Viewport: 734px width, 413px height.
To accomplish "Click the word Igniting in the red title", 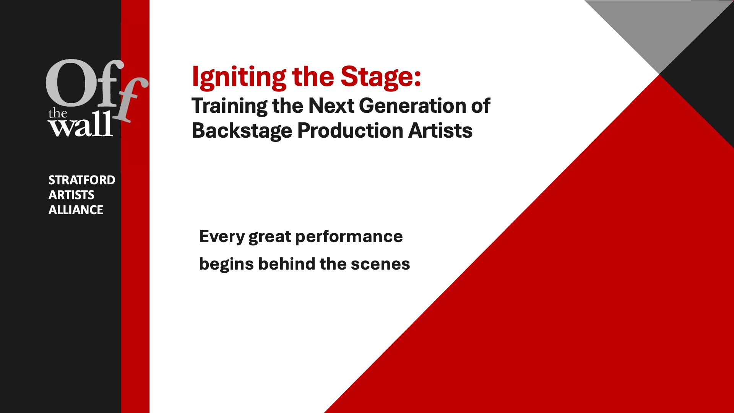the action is [239, 78].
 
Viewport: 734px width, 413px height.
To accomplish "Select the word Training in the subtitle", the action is [229, 106].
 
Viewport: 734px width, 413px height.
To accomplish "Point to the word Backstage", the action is [242, 131].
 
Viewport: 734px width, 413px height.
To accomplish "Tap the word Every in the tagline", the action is [222, 237].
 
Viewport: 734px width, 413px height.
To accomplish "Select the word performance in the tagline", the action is [349, 237].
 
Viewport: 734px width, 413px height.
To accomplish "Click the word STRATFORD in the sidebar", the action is [82, 180].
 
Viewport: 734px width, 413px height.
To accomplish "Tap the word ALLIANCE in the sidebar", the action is [76, 210].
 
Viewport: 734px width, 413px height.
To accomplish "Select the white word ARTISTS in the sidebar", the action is [71, 195].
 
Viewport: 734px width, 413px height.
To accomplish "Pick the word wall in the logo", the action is [81, 125].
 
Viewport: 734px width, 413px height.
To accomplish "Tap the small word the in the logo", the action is [58, 113].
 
